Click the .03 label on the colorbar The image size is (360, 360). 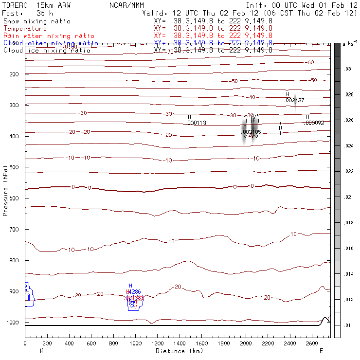point(347,70)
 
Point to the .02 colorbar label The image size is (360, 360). point(347,197)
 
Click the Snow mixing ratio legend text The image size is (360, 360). point(37,21)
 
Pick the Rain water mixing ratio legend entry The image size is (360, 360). point(42,36)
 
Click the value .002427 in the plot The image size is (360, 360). point(295,100)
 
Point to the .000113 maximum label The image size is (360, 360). point(197,123)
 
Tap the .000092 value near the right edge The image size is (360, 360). point(314,123)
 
